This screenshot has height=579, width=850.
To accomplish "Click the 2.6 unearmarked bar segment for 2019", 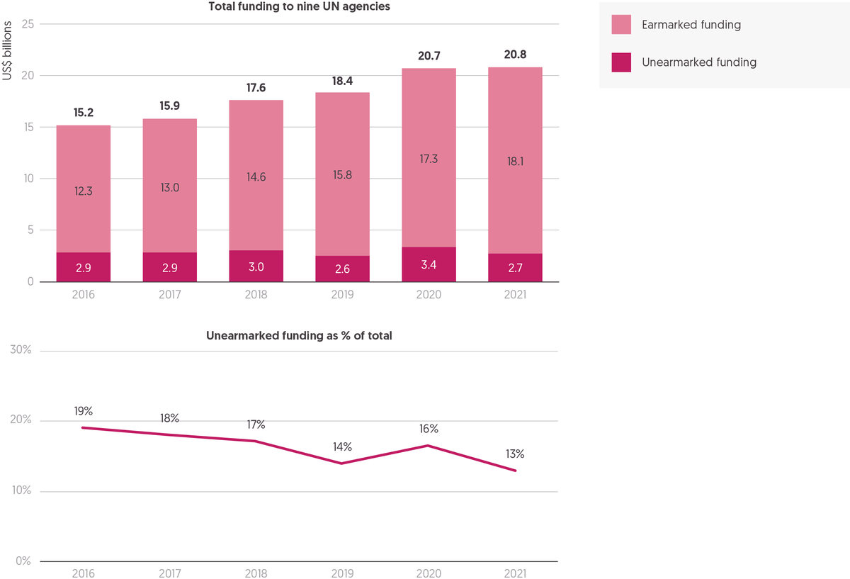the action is [x=342, y=269].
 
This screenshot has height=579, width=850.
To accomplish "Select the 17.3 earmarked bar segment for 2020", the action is [x=429, y=157].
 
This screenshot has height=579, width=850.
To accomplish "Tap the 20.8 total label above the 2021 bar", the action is [x=515, y=55].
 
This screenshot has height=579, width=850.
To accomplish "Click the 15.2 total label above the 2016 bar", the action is [x=84, y=113].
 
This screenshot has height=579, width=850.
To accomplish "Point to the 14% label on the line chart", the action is [x=342, y=447].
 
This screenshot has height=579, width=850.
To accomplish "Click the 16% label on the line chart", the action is [x=429, y=429].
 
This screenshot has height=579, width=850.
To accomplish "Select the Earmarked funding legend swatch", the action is [x=621, y=25].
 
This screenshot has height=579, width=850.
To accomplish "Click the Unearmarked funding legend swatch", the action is [x=621, y=62].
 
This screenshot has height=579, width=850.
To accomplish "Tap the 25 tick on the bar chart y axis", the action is [x=28, y=24].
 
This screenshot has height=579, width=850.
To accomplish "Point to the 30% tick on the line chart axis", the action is [x=21, y=349].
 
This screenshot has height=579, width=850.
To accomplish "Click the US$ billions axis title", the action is [x=7, y=50].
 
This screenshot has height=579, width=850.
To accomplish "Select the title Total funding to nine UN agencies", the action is [x=299, y=6].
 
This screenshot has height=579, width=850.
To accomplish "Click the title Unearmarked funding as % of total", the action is [x=299, y=336].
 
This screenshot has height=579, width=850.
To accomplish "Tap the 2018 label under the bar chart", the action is [x=256, y=295].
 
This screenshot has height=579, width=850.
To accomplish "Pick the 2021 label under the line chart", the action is [x=515, y=573].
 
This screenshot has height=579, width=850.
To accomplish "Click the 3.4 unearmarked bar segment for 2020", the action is [x=429, y=264].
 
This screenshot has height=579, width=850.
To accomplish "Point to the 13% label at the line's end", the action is [x=515, y=454].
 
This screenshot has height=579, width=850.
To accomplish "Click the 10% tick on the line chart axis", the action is [x=21, y=490].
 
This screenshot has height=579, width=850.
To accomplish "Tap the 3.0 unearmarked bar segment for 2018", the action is [x=256, y=266].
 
